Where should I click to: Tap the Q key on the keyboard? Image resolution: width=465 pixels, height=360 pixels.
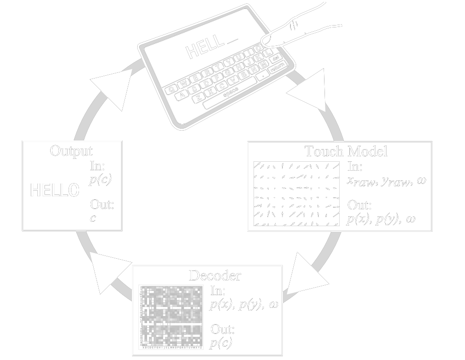click(x=169, y=87)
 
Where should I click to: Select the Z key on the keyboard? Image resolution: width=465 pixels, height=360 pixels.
click(x=199, y=98)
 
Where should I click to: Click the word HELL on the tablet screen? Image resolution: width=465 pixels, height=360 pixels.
click(x=204, y=48)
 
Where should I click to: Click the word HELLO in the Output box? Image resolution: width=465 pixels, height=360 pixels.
click(x=55, y=191)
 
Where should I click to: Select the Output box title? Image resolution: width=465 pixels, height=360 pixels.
click(x=71, y=151)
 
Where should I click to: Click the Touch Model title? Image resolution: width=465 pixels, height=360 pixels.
click(x=346, y=151)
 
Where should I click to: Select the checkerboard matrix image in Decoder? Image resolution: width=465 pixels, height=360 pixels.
click(x=171, y=317)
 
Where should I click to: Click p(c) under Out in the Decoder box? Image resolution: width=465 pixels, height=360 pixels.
click(x=221, y=342)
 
